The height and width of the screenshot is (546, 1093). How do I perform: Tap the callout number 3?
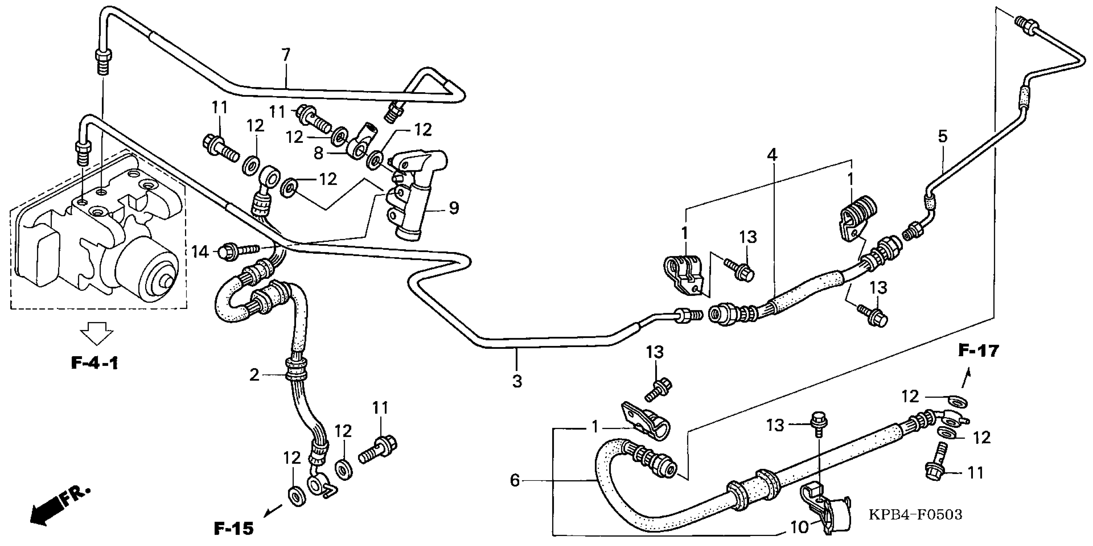(517, 381)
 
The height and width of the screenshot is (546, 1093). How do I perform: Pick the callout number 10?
(799, 527)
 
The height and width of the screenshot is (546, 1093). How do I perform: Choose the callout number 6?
(515, 481)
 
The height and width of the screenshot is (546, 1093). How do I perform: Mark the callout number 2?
(254, 375)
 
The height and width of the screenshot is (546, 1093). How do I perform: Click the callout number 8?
(319, 153)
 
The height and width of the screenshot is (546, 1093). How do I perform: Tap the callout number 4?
(772, 155)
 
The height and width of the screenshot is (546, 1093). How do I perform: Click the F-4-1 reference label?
(94, 363)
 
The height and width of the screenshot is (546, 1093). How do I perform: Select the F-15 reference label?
(234, 528)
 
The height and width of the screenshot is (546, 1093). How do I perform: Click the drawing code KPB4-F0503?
(915, 515)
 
